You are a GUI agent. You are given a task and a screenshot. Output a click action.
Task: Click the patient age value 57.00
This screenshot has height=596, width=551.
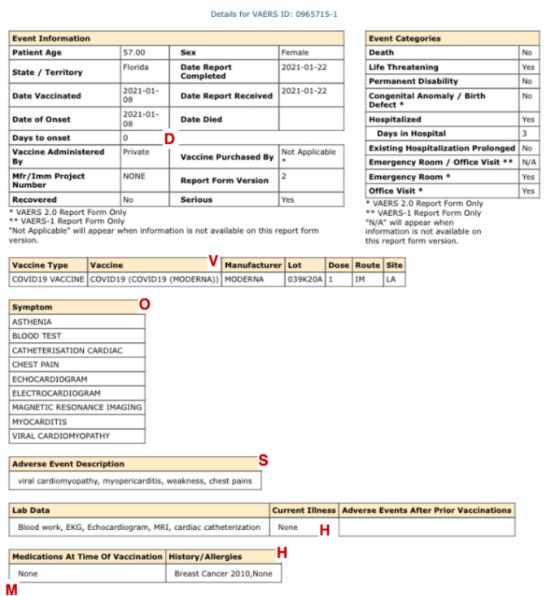[133, 52]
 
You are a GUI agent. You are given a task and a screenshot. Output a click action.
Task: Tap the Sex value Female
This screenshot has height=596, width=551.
[295, 52]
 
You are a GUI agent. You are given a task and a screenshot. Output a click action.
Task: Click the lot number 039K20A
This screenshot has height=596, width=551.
[305, 279]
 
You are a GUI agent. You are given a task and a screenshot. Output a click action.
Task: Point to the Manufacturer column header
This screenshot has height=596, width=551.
[252, 265]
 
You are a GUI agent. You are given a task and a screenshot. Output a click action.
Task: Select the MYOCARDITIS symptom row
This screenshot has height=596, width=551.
[39, 422]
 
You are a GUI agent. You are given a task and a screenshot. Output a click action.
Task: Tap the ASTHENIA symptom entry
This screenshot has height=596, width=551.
[32, 322]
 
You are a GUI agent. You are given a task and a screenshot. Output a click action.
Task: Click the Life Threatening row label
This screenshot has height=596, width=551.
[403, 67]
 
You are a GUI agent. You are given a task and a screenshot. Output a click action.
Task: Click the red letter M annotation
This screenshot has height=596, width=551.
[11, 589]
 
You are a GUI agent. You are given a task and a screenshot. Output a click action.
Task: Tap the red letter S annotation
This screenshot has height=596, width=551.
[263, 459]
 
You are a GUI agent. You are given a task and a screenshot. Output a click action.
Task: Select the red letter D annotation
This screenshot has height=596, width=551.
[169, 138]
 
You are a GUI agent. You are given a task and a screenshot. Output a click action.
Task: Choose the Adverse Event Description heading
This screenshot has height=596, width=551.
[68, 464]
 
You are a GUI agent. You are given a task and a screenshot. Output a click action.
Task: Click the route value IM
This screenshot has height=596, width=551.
[361, 279]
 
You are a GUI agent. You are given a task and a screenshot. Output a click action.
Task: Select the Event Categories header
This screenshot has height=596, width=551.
[405, 38]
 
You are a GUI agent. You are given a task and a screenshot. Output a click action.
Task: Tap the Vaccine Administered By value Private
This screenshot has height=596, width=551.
[136, 151]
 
